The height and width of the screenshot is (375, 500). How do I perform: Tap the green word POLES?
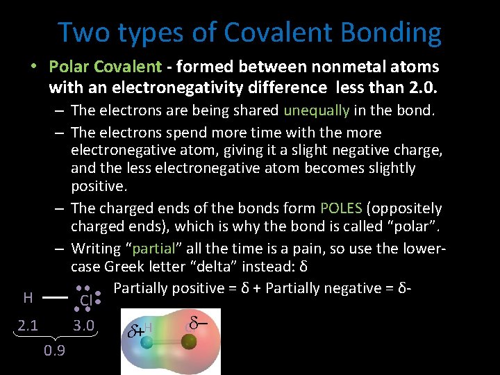342,208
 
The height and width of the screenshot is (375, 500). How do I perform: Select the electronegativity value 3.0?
84,325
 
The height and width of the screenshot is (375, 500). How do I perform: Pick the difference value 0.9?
54,350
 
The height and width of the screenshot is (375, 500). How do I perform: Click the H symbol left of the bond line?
28,298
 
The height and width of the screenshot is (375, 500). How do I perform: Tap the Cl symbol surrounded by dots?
86,300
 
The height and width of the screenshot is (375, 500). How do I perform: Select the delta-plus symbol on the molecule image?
137,329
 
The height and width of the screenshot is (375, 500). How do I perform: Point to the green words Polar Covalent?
105,67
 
